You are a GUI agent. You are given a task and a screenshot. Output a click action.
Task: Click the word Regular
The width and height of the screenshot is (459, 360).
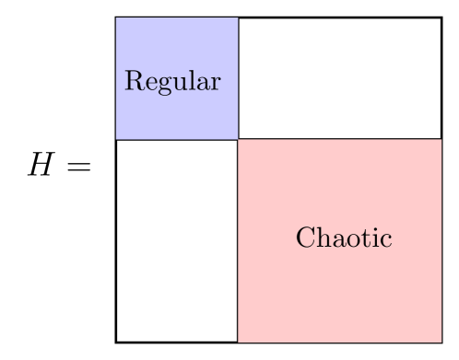172,82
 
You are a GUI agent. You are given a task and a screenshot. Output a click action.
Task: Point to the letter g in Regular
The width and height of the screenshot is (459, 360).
159,85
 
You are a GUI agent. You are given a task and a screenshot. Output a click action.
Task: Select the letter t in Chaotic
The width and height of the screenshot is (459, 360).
362,238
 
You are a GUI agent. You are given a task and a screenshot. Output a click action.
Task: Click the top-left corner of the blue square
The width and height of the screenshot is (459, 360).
116,18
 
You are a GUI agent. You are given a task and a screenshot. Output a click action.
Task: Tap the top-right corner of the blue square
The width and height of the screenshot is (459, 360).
238,18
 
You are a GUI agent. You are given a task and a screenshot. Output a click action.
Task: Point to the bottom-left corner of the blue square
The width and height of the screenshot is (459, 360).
116,139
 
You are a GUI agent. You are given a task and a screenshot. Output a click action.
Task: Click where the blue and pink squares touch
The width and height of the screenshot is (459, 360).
238,139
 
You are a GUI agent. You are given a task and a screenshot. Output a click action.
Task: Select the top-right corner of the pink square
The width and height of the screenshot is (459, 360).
441,140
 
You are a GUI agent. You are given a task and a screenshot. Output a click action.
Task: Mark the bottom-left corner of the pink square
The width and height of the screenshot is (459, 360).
239,342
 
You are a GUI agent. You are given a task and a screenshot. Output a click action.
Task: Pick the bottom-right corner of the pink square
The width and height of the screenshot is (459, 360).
441,342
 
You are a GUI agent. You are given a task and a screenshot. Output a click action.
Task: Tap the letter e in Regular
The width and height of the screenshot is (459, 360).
147,83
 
